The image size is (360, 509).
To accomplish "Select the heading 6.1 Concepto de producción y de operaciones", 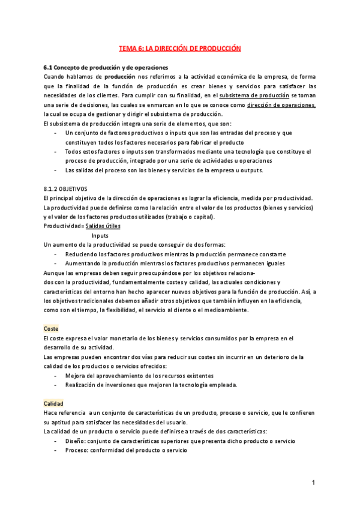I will click(x=106, y=67).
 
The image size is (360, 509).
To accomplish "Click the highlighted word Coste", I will click(x=52, y=329).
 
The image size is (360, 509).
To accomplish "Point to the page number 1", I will click(x=313, y=483).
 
